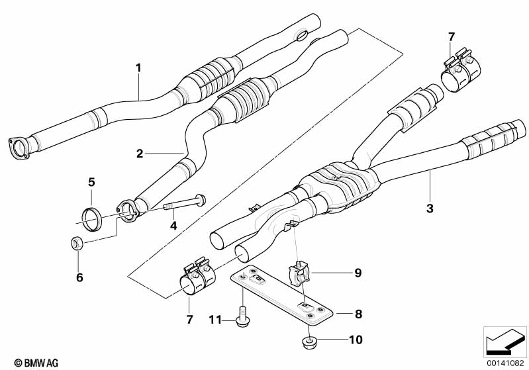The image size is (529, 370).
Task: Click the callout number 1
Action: [139, 67]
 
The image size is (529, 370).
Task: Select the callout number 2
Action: [140, 154]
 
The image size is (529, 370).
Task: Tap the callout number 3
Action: [430, 209]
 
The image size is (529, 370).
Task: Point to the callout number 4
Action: [173, 225]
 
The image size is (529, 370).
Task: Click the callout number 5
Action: [92, 181]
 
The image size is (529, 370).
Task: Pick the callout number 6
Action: [79, 278]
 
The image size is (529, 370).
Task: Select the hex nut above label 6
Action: [76, 244]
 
